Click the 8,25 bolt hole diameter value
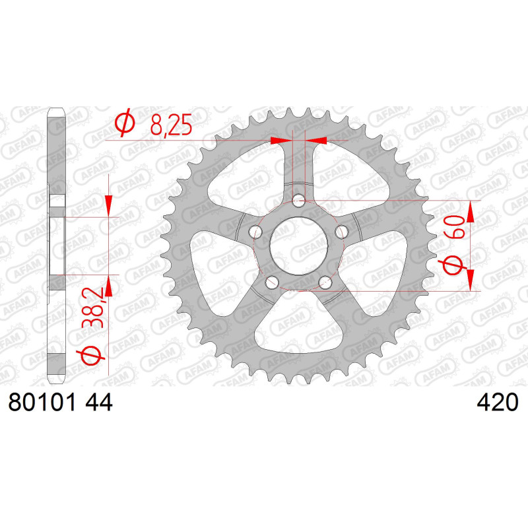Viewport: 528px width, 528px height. coord(171,125)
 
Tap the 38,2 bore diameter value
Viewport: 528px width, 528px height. coord(92,308)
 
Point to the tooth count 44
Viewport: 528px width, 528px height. coord(98,402)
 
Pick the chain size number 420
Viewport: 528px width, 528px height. coord(498,402)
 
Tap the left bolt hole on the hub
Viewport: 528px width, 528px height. coord(255,232)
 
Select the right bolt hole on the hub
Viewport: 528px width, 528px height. coord(341,232)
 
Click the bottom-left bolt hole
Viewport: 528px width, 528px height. coord(272,282)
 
